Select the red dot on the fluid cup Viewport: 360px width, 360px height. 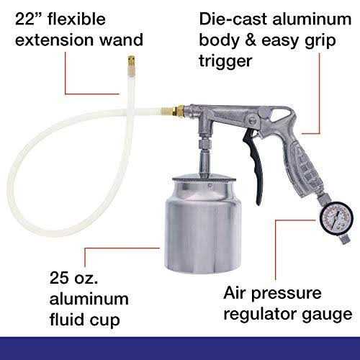(161, 249)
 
